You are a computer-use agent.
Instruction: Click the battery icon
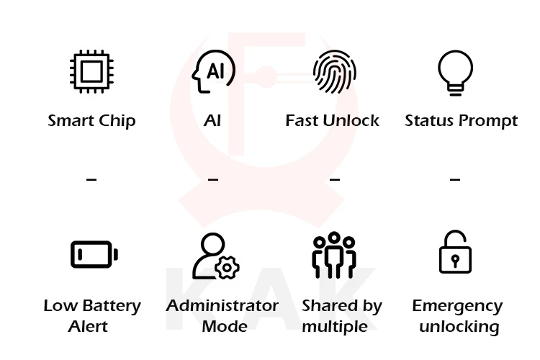94,254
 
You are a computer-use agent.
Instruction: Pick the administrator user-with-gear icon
215,256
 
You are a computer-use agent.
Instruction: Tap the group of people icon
334,256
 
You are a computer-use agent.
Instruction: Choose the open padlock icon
455,253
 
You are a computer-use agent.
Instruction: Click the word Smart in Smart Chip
70,120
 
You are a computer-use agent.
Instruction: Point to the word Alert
88,326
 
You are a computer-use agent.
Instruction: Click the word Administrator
222,305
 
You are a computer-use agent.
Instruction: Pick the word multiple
334,327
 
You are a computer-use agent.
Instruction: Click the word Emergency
456,306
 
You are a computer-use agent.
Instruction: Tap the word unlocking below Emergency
459,327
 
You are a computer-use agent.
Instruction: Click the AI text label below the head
212,120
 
